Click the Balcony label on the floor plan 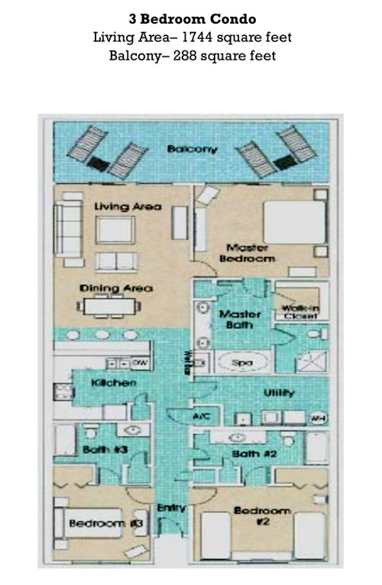(x=192, y=149)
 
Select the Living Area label (x=128, y=206)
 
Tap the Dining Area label (x=116, y=288)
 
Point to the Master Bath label (x=240, y=320)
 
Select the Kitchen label (x=115, y=382)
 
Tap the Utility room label (x=280, y=392)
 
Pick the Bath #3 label (x=100, y=450)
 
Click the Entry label (x=168, y=508)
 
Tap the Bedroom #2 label (x=262, y=516)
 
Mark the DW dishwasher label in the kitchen (x=140, y=362)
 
